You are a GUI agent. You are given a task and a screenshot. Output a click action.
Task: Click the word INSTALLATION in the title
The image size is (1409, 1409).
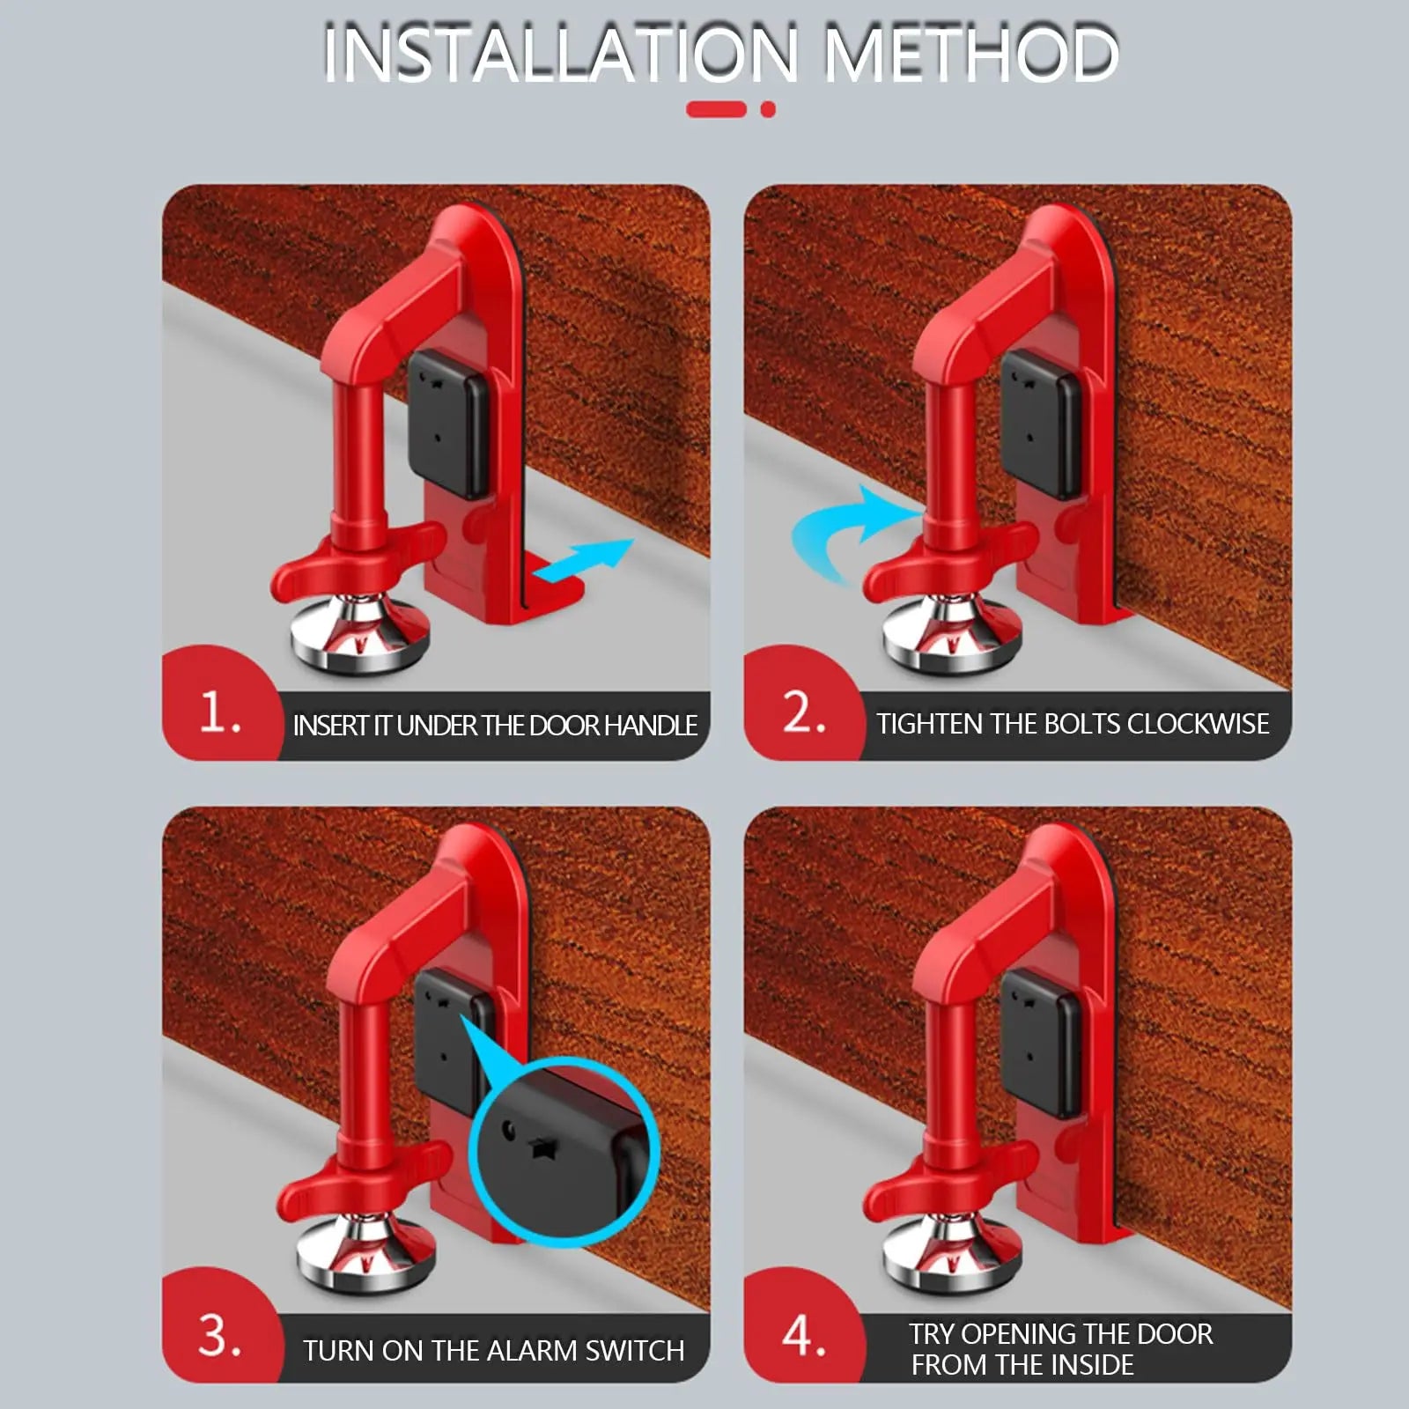pos(560,55)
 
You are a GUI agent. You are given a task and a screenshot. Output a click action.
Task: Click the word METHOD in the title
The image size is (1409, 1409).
pos(971,55)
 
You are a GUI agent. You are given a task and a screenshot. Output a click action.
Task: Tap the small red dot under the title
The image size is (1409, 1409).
pos(768,110)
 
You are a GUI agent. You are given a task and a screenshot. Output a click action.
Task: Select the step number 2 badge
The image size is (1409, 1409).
pos(803,712)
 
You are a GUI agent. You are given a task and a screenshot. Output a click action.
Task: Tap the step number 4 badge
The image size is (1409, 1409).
pos(803,1334)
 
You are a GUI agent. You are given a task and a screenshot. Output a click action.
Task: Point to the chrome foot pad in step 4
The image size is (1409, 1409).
pos(951,1258)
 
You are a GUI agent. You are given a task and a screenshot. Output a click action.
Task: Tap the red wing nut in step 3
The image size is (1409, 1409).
pos(352,1184)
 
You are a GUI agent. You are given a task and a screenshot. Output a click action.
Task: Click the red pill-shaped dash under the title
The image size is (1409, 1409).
pos(716,110)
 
